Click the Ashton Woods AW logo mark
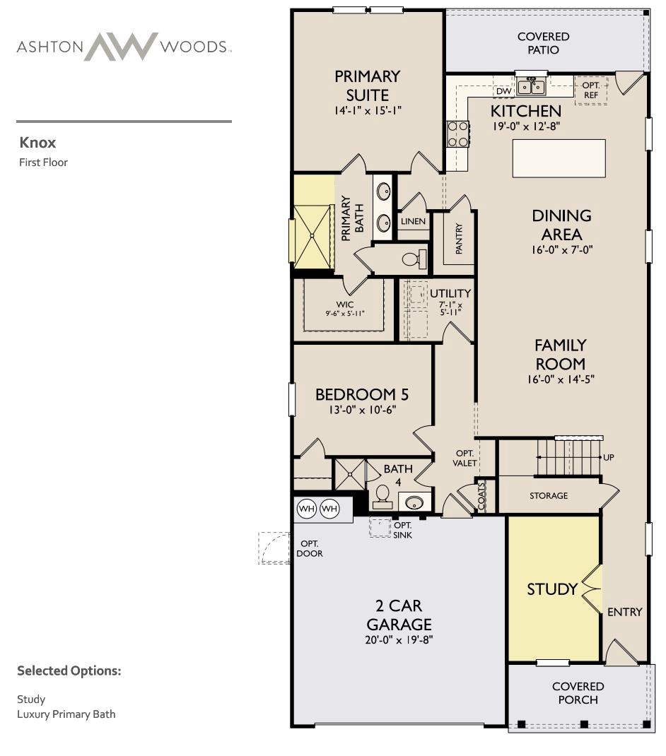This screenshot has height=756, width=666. click(x=122, y=47)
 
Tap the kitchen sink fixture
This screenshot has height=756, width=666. click(x=531, y=87)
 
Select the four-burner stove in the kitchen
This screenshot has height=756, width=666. click(x=457, y=134)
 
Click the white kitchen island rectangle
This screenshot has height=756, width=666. click(x=559, y=158)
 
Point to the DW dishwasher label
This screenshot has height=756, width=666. click(x=503, y=92)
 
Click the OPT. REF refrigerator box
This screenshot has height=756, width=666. click(x=590, y=90)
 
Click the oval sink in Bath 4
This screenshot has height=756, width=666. click(x=414, y=502)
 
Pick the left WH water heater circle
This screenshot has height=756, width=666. click(x=306, y=508)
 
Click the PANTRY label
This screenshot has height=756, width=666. click(x=459, y=239)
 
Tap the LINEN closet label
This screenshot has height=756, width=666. click(x=413, y=221)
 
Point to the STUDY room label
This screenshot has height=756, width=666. click(x=552, y=589)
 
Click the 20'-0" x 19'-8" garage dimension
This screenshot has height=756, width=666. click(x=399, y=640)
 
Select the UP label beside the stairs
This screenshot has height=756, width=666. click(x=609, y=457)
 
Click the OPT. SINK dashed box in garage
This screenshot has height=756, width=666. click(x=380, y=528)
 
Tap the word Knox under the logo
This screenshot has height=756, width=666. click(x=37, y=142)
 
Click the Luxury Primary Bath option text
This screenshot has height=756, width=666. click(x=66, y=714)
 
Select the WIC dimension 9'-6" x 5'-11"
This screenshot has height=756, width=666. click(x=344, y=313)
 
